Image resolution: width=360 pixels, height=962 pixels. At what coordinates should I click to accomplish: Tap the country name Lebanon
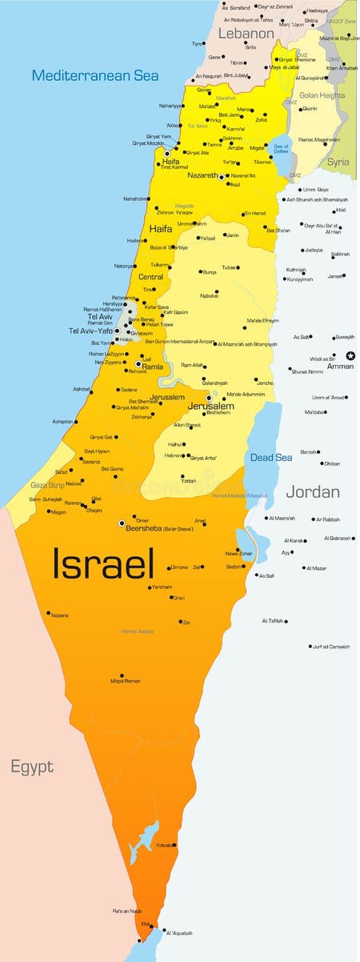[x=246, y=34]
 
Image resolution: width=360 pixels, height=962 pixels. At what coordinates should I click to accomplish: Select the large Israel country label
[x=102, y=563]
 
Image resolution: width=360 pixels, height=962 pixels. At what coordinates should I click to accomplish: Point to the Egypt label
[x=32, y=767]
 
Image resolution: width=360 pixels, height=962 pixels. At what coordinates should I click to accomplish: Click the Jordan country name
[x=313, y=491]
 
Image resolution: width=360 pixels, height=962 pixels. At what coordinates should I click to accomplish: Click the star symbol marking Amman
[x=350, y=355]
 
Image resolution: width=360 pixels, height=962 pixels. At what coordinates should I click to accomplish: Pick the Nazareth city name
[x=202, y=175]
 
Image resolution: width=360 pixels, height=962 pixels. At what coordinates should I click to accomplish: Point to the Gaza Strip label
[x=46, y=485]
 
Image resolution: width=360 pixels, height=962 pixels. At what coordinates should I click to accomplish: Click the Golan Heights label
[x=322, y=95]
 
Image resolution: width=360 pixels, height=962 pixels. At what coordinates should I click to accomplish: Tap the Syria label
[x=338, y=161]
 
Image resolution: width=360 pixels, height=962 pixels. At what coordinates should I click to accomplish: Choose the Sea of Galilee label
[x=280, y=149]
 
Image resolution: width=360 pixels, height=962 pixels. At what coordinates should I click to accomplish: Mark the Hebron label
[x=173, y=455]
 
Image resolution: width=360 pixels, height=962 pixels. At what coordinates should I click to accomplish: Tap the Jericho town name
[x=265, y=383]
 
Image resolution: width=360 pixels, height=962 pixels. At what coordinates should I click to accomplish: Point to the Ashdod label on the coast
[x=82, y=389]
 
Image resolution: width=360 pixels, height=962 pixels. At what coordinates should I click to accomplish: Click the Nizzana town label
[x=59, y=615]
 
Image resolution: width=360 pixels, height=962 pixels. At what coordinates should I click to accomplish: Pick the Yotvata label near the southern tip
[x=165, y=845]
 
